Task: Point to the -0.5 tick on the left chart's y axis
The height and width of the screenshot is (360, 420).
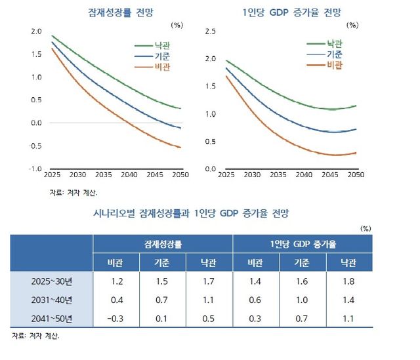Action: coord(35,146)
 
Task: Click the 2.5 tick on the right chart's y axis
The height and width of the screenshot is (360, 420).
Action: coord(211,31)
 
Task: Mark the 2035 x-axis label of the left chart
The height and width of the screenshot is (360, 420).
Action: coord(103,176)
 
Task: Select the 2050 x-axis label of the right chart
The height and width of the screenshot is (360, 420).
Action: coord(355,176)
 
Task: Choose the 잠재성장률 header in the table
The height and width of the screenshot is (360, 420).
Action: coord(163,243)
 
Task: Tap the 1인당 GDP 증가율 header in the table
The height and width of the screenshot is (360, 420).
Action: coord(303,243)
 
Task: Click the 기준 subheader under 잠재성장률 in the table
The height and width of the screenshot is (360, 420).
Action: coord(163,262)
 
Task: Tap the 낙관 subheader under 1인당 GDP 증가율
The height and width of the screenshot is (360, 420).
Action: coord(349,262)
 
